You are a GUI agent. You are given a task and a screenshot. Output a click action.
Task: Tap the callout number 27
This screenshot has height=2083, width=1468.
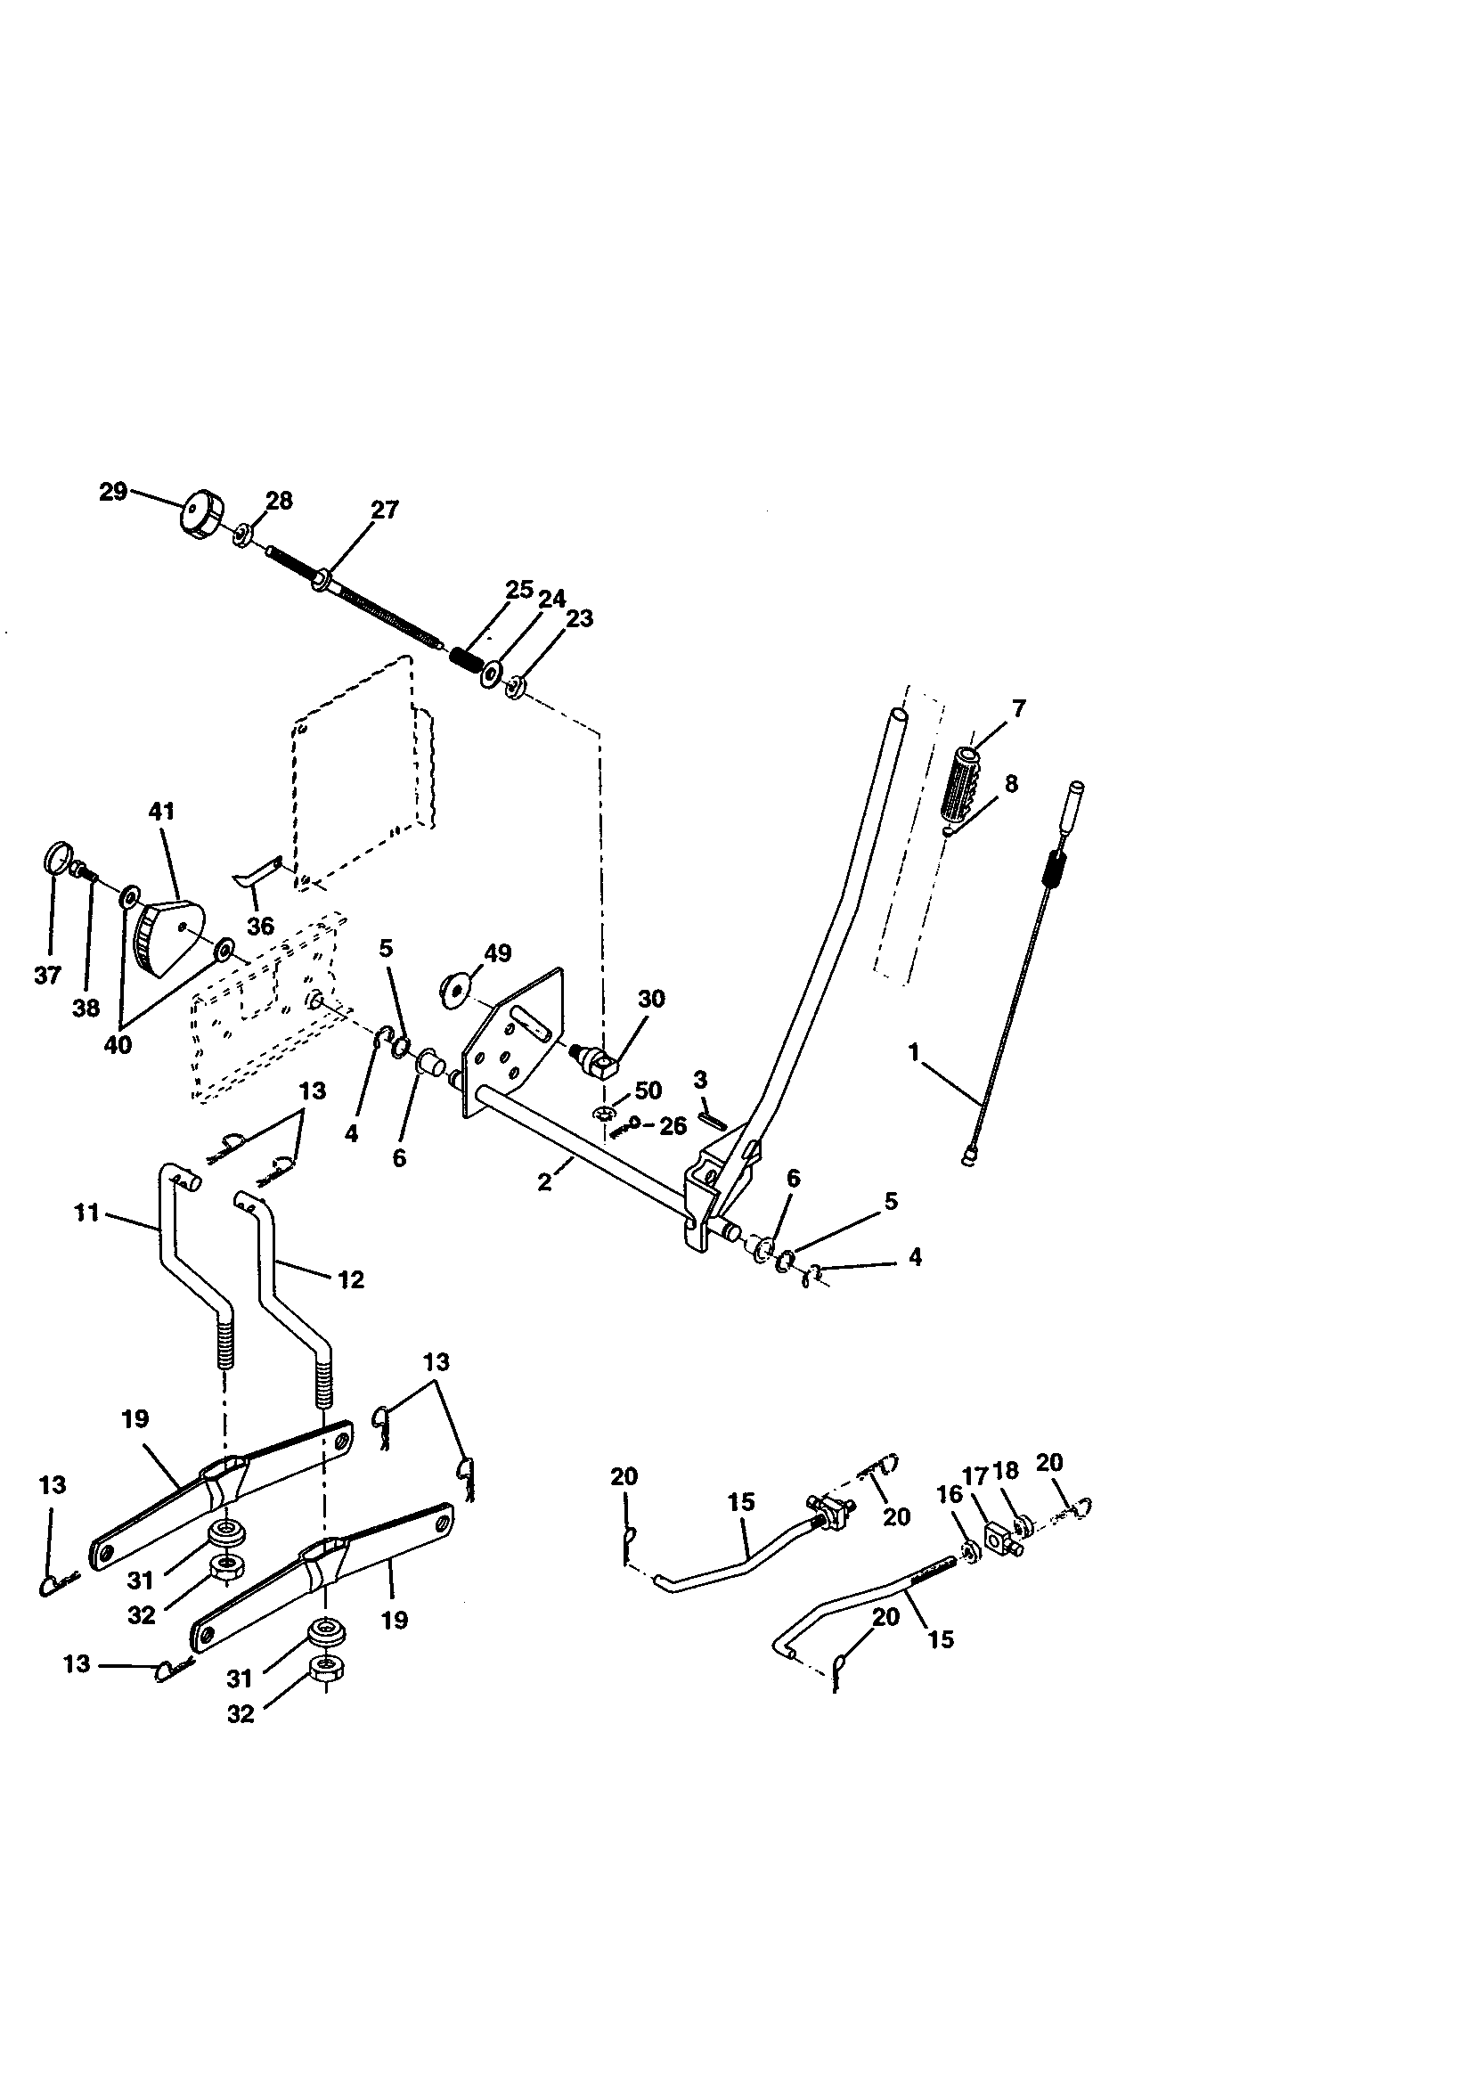[x=385, y=510]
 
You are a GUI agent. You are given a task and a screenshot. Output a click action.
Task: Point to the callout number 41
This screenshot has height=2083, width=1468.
[x=161, y=811]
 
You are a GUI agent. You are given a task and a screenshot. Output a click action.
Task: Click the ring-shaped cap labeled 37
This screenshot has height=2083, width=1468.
[x=56, y=857]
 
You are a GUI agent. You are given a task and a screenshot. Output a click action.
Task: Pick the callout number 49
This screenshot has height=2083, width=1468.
[x=497, y=952]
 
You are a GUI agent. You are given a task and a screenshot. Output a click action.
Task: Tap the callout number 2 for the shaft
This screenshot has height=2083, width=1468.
[x=544, y=1182]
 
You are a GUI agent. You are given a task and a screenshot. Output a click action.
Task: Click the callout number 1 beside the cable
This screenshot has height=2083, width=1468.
[x=914, y=1051]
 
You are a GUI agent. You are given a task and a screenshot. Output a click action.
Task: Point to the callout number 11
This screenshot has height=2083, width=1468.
[x=86, y=1211]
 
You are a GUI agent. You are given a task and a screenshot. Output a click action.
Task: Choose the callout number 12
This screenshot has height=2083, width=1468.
[x=350, y=1279]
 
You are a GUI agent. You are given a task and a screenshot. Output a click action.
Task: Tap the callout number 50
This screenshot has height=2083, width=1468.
[x=648, y=1090]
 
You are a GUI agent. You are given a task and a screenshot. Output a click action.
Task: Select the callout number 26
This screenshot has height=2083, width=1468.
[x=673, y=1126]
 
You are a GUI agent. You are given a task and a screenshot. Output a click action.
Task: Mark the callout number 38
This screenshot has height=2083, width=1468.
[x=86, y=1007]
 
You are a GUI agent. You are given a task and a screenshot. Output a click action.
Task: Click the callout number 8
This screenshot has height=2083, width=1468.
[x=1012, y=783]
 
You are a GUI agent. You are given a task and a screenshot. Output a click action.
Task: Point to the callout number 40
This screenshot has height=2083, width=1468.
[x=118, y=1044]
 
